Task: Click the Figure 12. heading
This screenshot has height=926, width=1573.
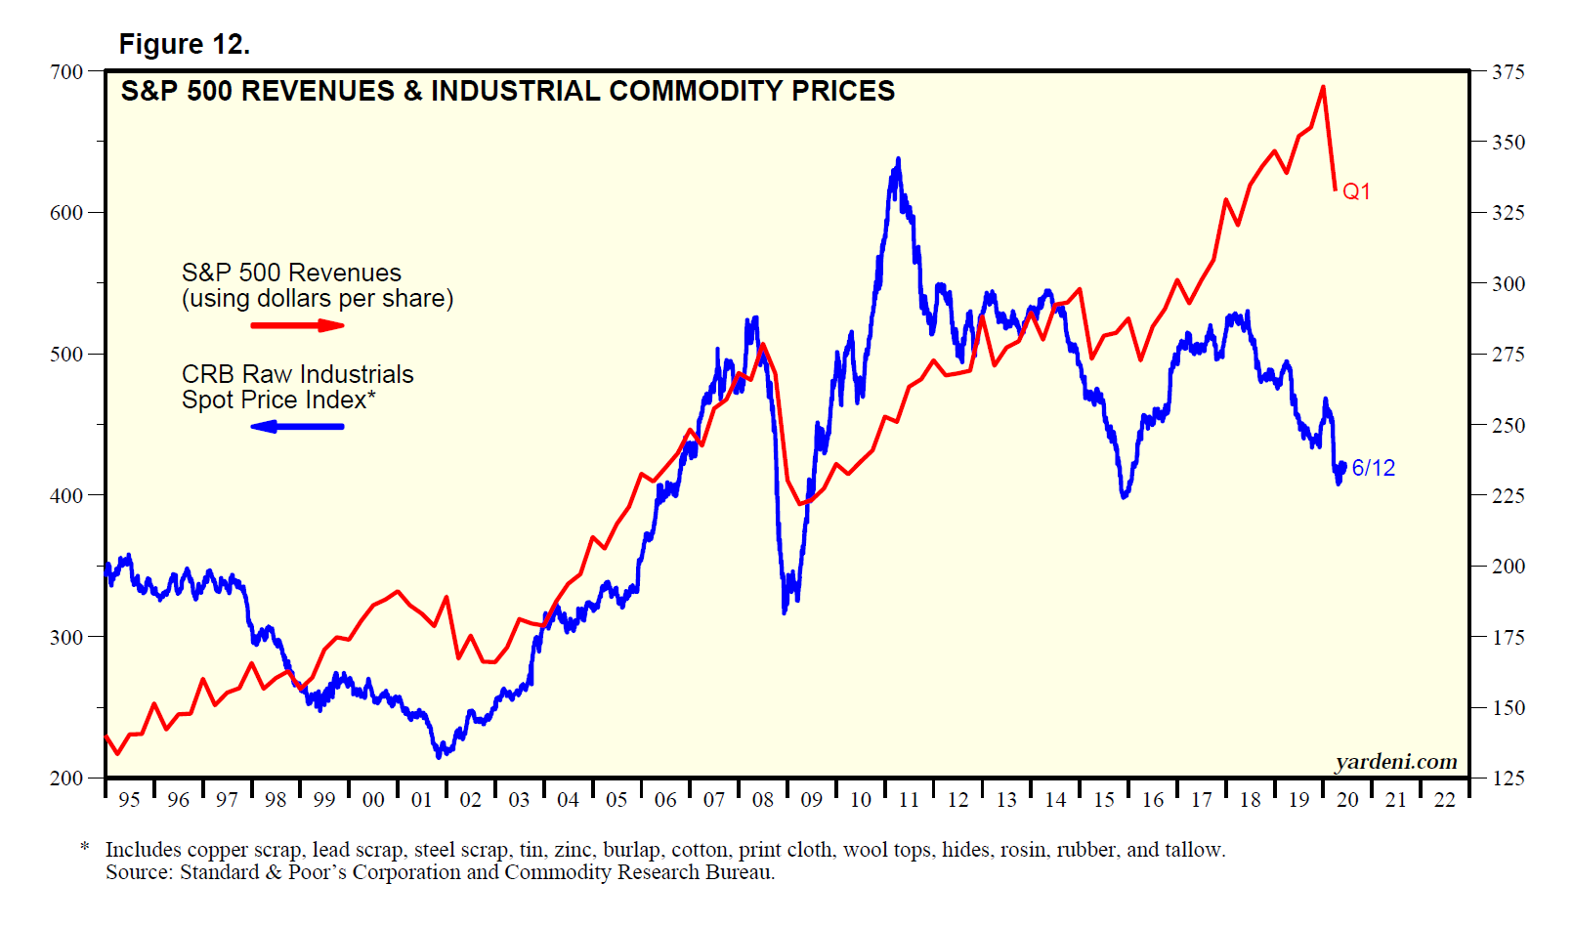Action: [x=184, y=44]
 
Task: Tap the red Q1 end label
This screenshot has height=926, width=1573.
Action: [x=1356, y=191]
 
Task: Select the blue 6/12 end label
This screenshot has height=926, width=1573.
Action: [x=1373, y=468]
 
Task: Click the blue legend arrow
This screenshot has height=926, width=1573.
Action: [x=297, y=426]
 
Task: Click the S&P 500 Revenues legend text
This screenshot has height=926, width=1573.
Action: [x=291, y=273]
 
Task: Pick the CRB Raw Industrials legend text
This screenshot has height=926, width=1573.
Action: [x=297, y=374]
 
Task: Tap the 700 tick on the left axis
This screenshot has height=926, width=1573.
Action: [x=66, y=71]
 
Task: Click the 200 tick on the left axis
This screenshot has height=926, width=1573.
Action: [x=66, y=779]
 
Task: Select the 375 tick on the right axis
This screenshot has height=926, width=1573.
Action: [x=1509, y=71]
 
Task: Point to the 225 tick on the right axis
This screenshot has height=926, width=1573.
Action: [x=1509, y=495]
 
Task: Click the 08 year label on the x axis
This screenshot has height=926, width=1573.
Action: [x=763, y=800]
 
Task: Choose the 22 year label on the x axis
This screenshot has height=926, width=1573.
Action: [x=1445, y=800]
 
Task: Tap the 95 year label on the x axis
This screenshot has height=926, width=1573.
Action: [x=129, y=800]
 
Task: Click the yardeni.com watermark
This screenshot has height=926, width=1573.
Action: [x=1396, y=762]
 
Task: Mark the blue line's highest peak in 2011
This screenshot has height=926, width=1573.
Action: [x=898, y=159]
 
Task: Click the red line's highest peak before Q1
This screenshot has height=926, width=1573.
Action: [x=1323, y=87]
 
